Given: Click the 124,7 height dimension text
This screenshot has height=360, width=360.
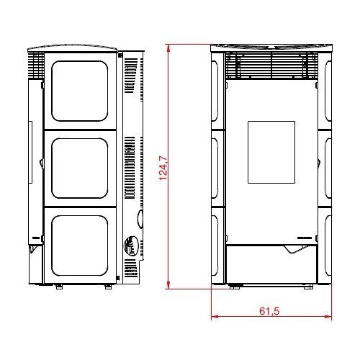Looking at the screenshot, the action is (163, 168).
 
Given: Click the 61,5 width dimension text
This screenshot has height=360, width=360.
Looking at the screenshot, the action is (269, 311).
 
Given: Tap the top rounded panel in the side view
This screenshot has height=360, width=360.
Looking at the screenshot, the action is (80, 91).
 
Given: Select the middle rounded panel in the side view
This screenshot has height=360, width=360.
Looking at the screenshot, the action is (80, 168).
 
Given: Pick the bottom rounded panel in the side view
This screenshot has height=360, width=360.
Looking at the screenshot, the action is (80, 246).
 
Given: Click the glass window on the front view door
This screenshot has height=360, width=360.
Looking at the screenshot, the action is (271, 153).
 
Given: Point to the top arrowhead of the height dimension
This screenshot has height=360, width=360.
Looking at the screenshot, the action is (168, 48).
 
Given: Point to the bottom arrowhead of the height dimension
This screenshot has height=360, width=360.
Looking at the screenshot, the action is (168, 285).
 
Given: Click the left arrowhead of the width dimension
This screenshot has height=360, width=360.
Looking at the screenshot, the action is (215, 317).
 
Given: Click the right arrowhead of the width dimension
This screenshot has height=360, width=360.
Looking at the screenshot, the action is (328, 317).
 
